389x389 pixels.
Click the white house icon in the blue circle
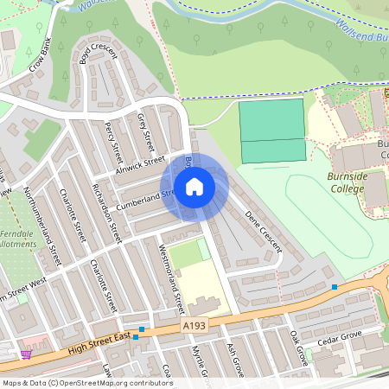tap(194, 186)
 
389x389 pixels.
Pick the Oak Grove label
tap(299, 348)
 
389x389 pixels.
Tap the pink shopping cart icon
tap(26, 354)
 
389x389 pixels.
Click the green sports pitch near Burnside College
tap(272, 131)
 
